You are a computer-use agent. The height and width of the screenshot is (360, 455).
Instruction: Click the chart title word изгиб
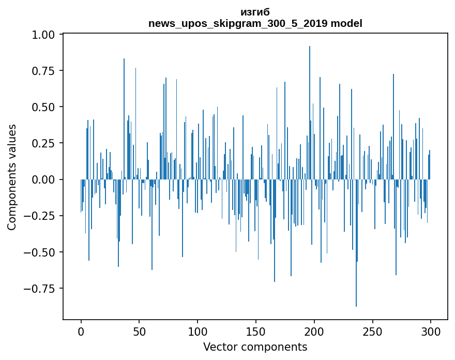click(255, 12)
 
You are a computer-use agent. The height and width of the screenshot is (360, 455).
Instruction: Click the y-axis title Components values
click(12, 177)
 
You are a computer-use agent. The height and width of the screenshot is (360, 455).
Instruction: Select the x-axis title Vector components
click(255, 347)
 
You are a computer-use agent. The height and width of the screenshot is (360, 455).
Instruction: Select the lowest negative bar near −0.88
click(356, 243)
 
